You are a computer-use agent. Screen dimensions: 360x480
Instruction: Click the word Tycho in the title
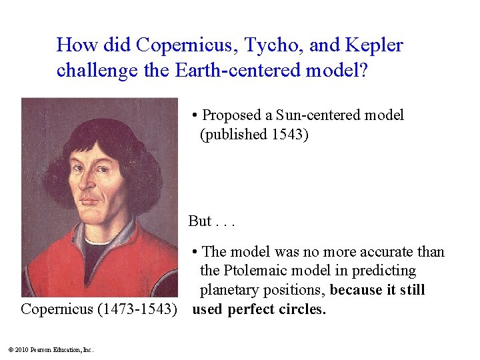[x=268, y=45]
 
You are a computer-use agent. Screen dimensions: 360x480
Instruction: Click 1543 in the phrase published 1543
[x=289, y=134]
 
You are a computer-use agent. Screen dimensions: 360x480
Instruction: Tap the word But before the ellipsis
[x=200, y=221]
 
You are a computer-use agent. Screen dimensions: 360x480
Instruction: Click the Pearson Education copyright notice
[x=51, y=349]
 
